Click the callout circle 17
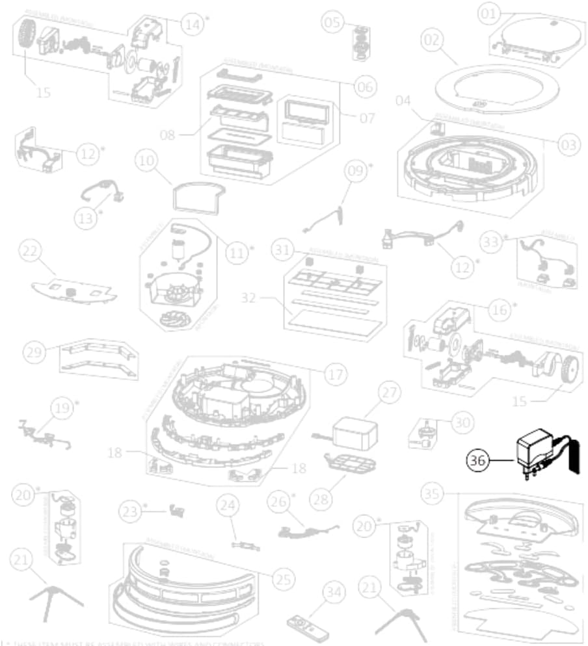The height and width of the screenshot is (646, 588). coord(334,375)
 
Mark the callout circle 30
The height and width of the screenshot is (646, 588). coord(462,422)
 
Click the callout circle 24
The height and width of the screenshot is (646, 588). coord(228,504)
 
